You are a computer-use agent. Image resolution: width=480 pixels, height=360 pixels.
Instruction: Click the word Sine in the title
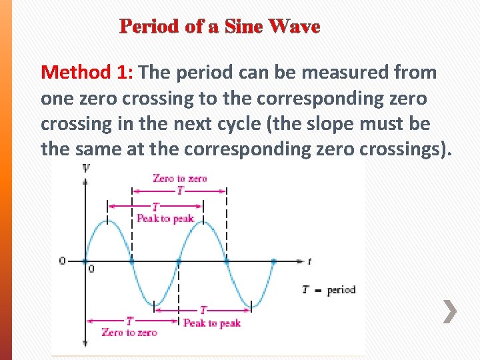tap(243, 27)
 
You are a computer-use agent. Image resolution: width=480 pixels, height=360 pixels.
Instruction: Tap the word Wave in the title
tap(294, 27)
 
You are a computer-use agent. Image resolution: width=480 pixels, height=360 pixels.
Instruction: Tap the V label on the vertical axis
tap(86, 167)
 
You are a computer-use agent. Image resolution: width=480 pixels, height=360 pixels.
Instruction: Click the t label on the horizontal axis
tap(309, 261)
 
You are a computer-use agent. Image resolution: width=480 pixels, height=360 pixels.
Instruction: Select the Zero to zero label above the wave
tap(180, 178)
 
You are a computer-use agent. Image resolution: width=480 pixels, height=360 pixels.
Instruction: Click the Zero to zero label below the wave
tap(129, 332)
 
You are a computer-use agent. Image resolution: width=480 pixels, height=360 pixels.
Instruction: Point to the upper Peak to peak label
tap(165, 218)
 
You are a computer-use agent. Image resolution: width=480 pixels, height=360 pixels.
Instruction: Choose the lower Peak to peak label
tap(211, 323)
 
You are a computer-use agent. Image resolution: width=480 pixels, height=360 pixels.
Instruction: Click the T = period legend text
tap(329, 290)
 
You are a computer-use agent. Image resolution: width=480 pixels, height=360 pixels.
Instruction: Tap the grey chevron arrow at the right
tap(451, 311)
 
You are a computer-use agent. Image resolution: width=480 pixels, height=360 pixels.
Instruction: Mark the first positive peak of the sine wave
tap(108, 221)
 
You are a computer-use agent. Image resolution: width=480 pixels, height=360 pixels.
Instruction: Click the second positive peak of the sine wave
tap(203, 221)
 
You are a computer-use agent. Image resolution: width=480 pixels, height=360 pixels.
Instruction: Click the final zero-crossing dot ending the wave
tap(274, 261)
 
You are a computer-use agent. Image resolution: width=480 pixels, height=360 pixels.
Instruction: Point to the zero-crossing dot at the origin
tap(85, 261)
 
